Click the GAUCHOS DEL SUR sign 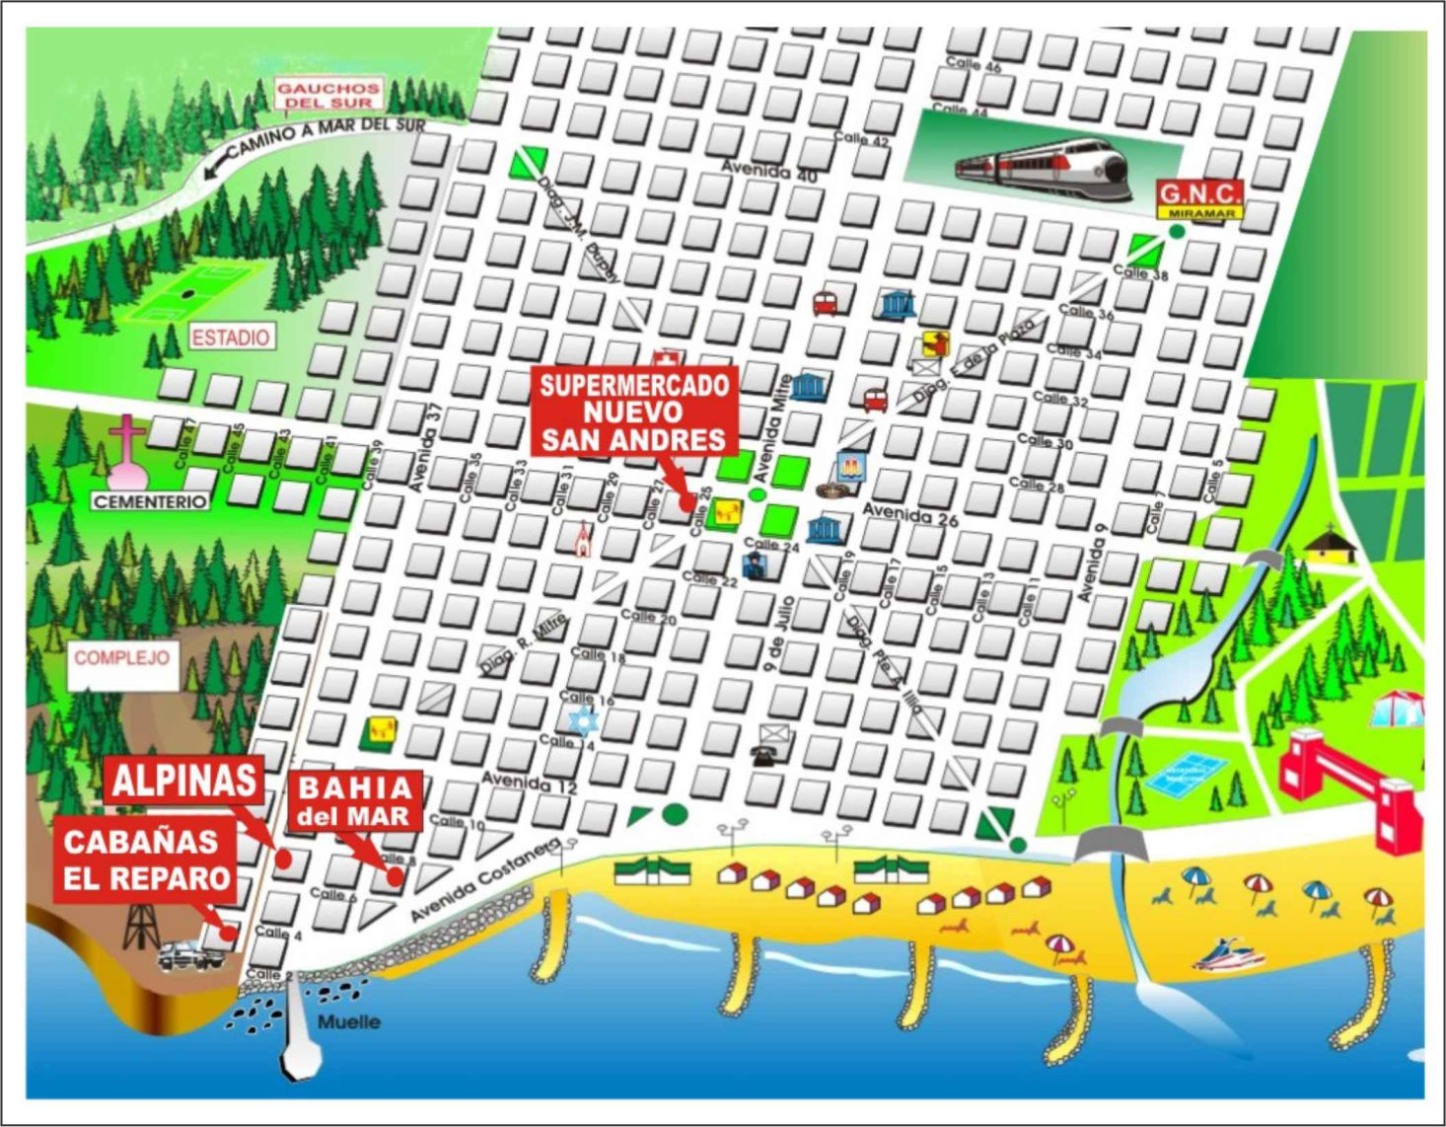pyautogui.click(x=327, y=95)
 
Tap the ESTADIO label pyautogui.click(x=230, y=338)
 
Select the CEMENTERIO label pyautogui.click(x=150, y=501)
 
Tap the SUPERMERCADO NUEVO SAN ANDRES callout pyautogui.click(x=633, y=413)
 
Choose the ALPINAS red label pyautogui.click(x=183, y=781)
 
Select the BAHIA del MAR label pyautogui.click(x=355, y=800)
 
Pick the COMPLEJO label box pyautogui.click(x=122, y=658)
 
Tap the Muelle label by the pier pyautogui.click(x=349, y=1022)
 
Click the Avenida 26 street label pyautogui.click(x=909, y=514)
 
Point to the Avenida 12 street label pyautogui.click(x=529, y=783)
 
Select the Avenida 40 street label pyautogui.click(x=769, y=171)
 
